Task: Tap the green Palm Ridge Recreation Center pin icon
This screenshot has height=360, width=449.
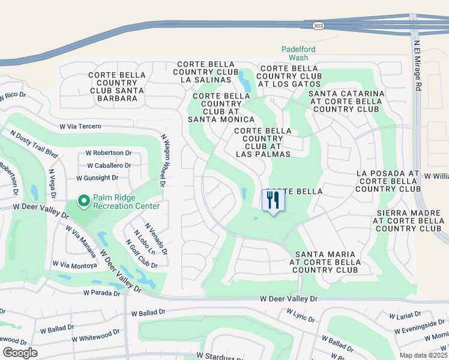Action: pyautogui.click(x=84, y=201)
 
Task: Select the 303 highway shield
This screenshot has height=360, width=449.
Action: pyautogui.click(x=318, y=26)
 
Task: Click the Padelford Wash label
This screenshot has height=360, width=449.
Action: pyautogui.click(x=299, y=53)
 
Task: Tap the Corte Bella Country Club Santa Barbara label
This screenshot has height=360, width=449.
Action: pyautogui.click(x=116, y=86)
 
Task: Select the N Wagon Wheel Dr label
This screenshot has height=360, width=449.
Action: pyautogui.click(x=163, y=161)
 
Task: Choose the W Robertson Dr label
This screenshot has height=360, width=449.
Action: pyautogui.click(x=109, y=153)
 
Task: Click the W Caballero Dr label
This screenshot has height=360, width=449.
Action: pyautogui.click(x=109, y=166)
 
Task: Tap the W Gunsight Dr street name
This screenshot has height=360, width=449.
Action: pyautogui.click(x=97, y=178)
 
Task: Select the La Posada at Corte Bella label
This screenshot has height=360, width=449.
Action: pyautogui.click(x=388, y=181)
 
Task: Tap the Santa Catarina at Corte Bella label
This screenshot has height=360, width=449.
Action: pyautogui.click(x=346, y=101)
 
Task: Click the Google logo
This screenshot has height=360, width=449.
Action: pyautogui.click(x=20, y=353)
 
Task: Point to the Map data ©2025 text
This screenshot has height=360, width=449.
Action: pyautogui.click(x=424, y=355)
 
